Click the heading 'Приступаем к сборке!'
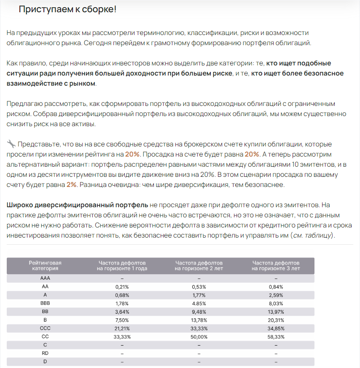click(67, 9)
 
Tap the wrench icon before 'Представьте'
click(11, 143)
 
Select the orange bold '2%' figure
click(72, 184)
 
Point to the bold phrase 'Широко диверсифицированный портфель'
click(77, 205)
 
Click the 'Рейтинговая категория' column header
click(45, 265)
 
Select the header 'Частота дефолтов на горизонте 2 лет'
click(199, 265)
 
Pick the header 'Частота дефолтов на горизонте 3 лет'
click(276, 265)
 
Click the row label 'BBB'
click(45, 303)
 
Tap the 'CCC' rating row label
click(45, 328)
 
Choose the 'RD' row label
click(45, 353)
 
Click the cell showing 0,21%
click(122, 287)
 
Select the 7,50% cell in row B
click(122, 320)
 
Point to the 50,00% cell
click(199, 337)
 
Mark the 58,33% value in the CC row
click(276, 337)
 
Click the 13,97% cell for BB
click(276, 311)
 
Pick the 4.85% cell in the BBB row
click(199, 303)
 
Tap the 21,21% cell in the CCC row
click(122, 328)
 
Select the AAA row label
click(45, 278)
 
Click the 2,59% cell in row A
click(276, 295)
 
